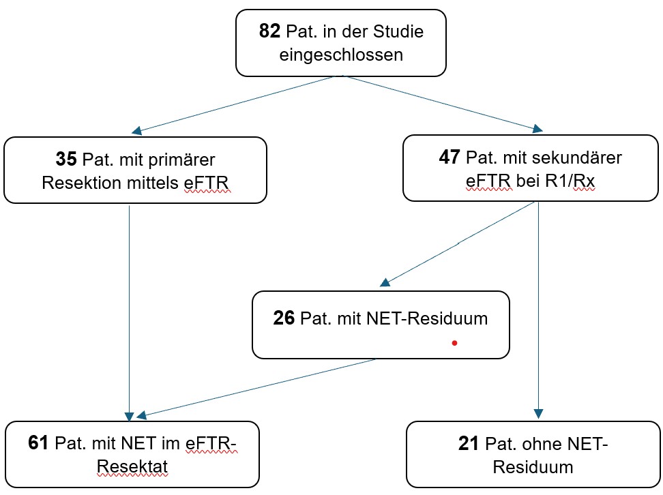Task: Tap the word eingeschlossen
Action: point(341,55)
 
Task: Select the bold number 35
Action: point(67,160)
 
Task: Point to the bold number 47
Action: point(451,157)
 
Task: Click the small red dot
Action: point(454,344)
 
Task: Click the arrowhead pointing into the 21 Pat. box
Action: point(538,414)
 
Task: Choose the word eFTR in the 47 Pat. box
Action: point(488,182)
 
